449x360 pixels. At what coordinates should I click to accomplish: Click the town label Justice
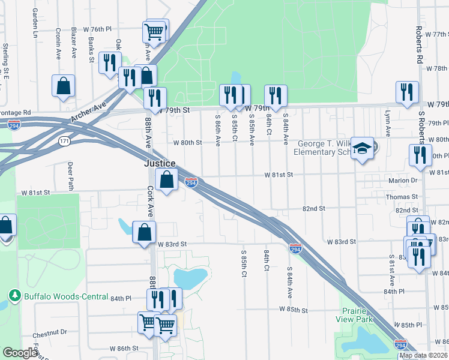coord(159,163)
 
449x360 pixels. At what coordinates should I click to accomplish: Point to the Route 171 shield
coord(65,140)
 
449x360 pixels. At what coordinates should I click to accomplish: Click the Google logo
coord(20,353)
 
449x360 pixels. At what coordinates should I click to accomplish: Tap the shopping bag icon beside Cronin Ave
coord(64,86)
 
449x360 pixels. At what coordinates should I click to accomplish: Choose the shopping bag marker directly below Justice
coord(166,179)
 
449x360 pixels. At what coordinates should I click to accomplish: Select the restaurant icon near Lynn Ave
coord(407,92)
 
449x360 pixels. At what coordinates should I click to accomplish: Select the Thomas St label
coord(402,197)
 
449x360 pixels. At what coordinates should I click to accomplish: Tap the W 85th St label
coord(293,310)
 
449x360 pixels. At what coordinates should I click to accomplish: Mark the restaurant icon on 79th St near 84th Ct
coord(276,95)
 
